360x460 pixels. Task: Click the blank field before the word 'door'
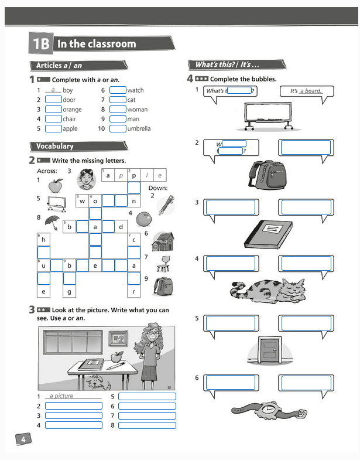(53, 100)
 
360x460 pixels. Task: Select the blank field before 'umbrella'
(118, 128)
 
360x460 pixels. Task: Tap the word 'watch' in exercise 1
(135, 90)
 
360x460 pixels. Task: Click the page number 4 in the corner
(22, 439)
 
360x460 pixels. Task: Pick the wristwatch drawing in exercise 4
(269, 410)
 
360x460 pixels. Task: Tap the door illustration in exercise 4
(270, 352)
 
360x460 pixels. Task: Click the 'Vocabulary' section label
(55, 146)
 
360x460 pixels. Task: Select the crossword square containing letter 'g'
(69, 291)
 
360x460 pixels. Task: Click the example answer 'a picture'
(62, 396)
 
